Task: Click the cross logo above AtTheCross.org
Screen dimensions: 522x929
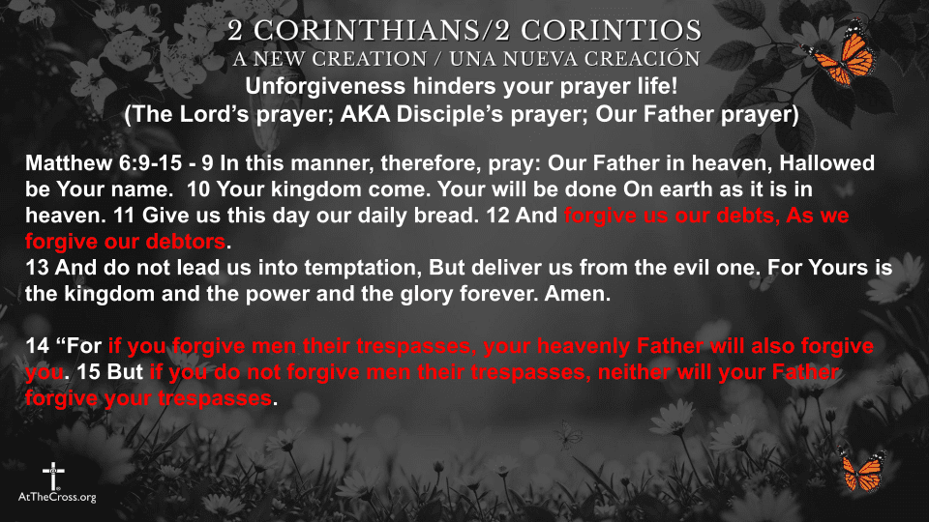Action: [52, 475]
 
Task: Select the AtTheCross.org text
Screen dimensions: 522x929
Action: [57, 497]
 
